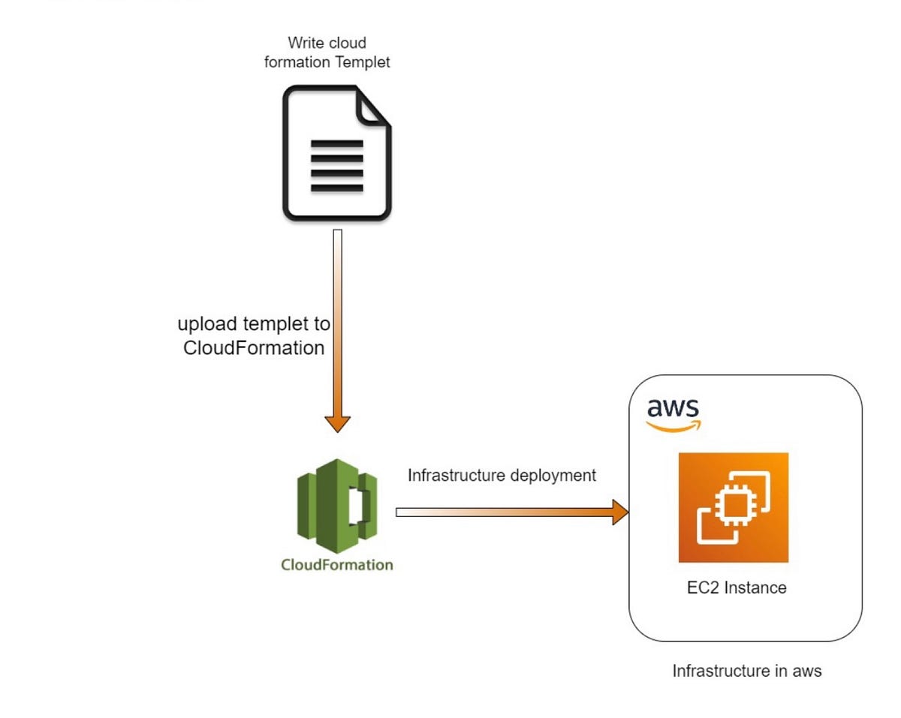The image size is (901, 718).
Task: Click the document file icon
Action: [x=336, y=153]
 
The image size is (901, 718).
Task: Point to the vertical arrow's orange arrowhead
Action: [x=338, y=422]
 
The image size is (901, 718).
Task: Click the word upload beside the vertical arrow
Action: [x=208, y=325]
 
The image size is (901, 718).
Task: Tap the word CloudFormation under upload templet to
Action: [x=254, y=348]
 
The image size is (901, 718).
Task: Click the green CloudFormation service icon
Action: [x=337, y=500]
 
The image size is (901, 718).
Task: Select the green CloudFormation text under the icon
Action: [x=337, y=564]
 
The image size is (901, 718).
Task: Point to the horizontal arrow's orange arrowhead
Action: [x=619, y=512]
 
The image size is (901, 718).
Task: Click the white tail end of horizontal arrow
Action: [x=402, y=512]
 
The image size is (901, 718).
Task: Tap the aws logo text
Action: [x=673, y=409]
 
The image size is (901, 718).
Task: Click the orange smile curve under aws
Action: [x=673, y=427]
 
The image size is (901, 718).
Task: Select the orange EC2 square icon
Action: [x=733, y=507]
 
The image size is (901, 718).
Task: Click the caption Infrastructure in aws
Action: [x=746, y=671]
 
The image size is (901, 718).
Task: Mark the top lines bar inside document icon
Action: [x=336, y=143]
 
